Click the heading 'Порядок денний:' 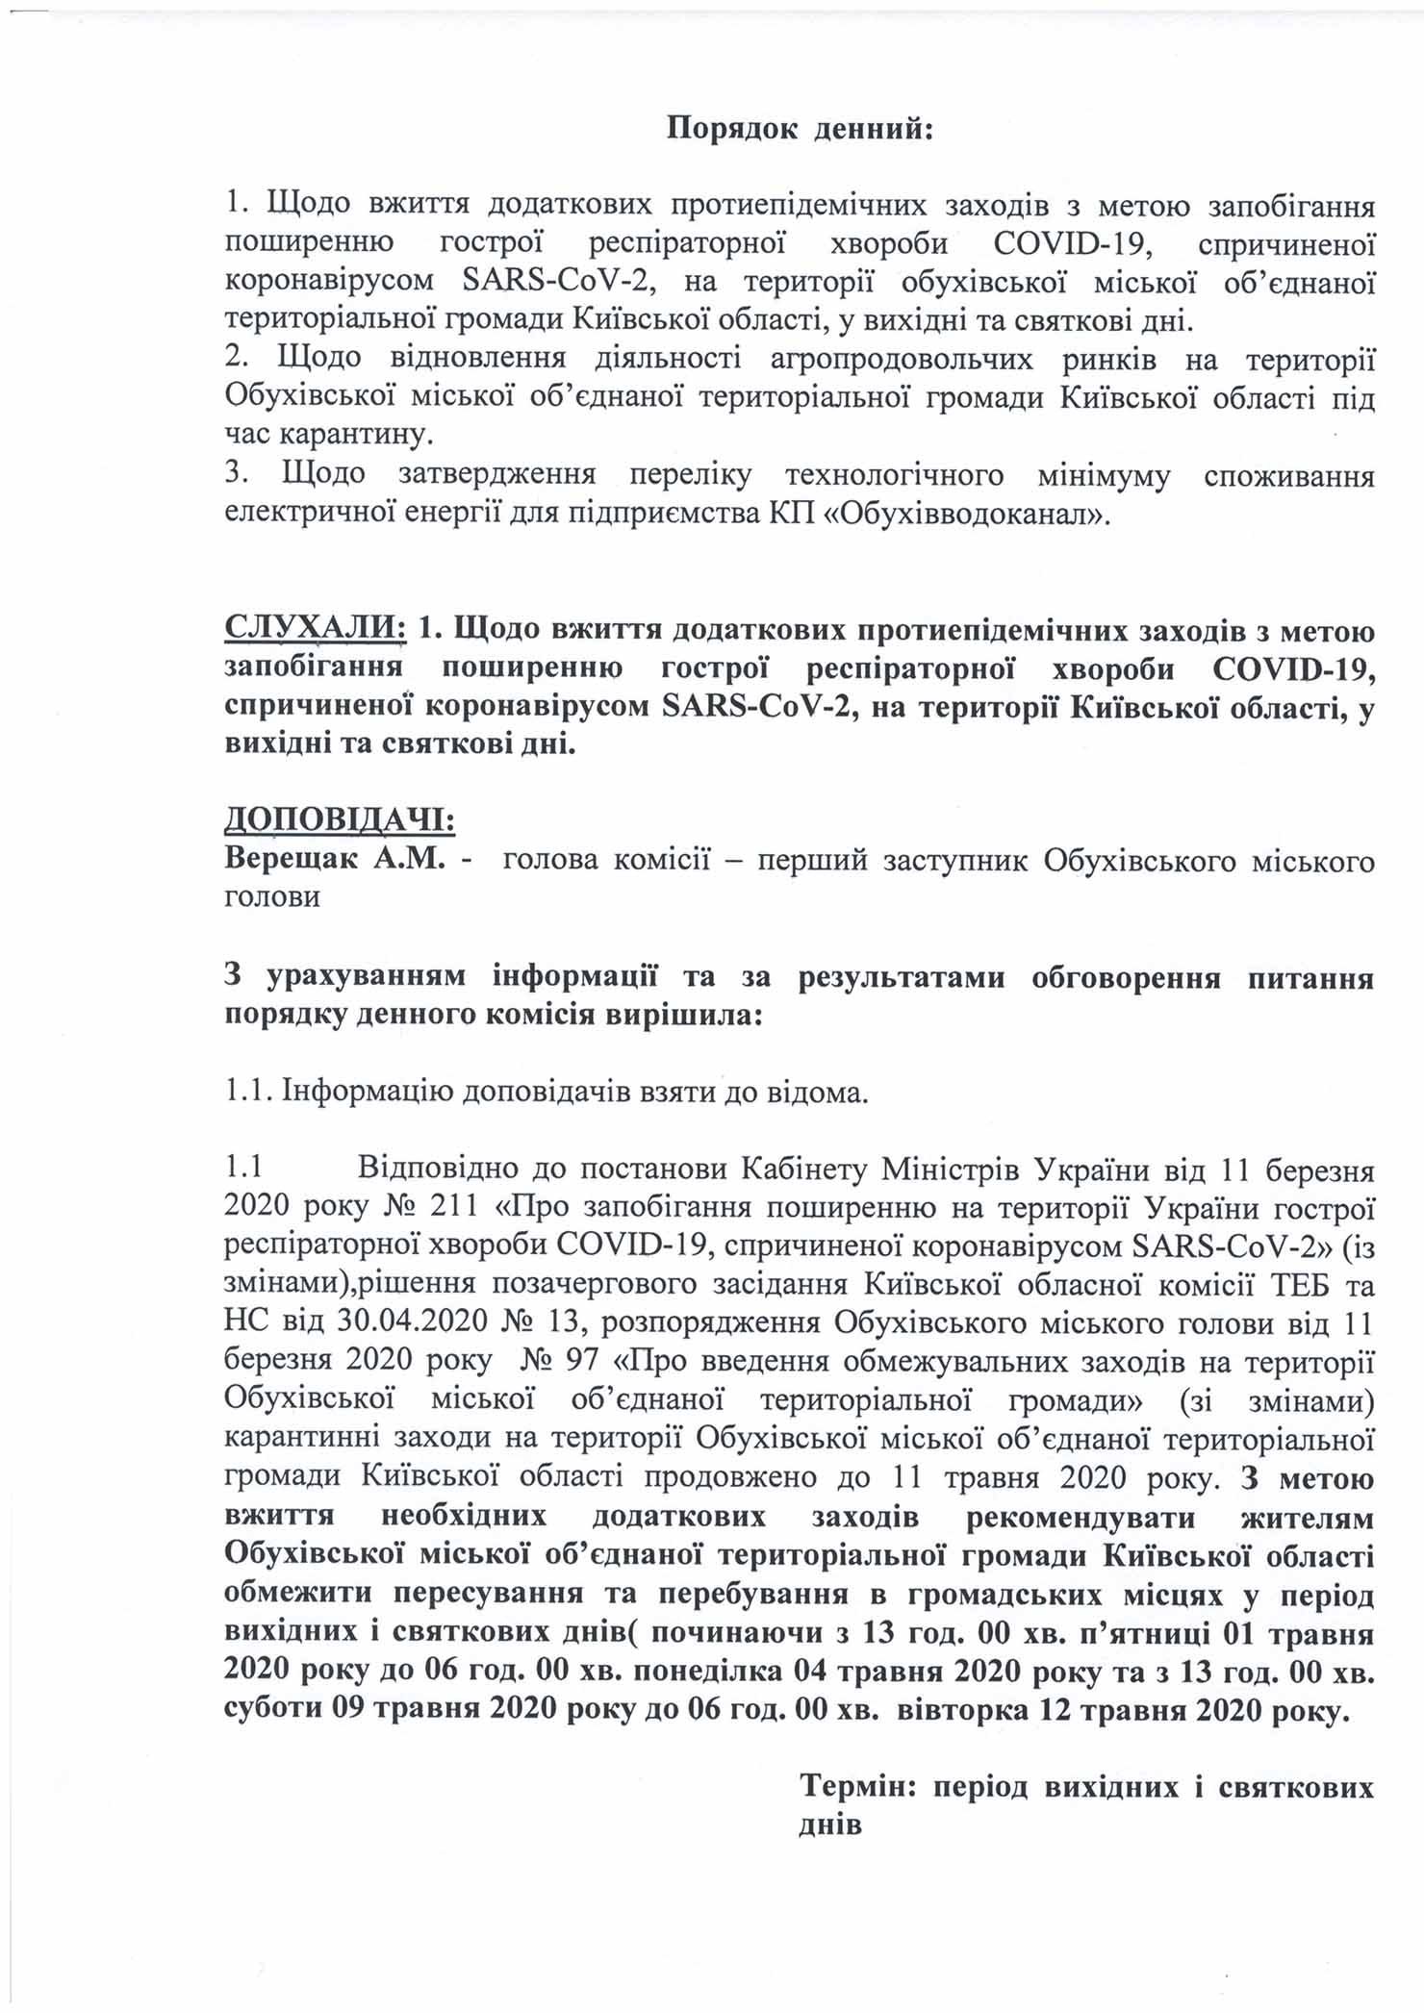tap(801, 130)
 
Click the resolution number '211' tap(453, 1207)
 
